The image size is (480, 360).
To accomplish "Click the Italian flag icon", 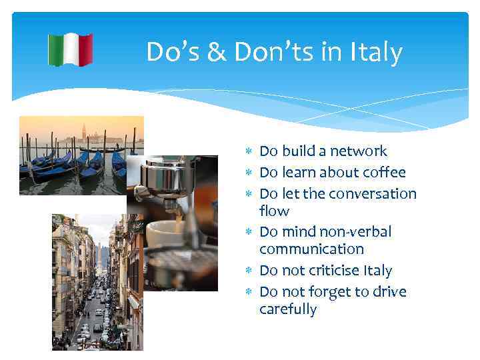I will click(x=70, y=49).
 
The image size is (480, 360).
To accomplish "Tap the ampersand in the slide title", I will click(x=217, y=51).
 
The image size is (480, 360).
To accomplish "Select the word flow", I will click(x=274, y=211).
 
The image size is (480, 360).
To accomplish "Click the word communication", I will click(x=311, y=249).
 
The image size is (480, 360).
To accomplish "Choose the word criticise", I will click(x=332, y=271).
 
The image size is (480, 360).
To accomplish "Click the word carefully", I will click(x=288, y=309).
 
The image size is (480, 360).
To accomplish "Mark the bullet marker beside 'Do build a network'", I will click(x=249, y=152).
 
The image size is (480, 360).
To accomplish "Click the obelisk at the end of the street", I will click(x=97, y=253).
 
